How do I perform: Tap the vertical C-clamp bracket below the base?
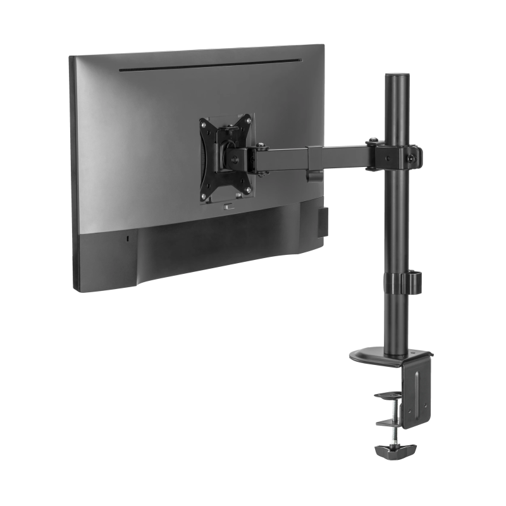(x=417, y=392)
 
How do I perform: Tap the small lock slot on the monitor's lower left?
(x=128, y=239)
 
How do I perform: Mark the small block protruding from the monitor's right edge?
(x=322, y=222)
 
